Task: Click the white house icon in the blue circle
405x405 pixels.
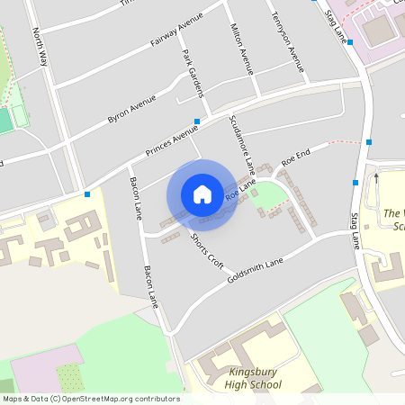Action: [202, 193]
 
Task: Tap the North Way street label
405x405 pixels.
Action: [40, 48]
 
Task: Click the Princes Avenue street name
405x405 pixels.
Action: [172, 139]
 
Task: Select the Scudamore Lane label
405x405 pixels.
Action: [242, 143]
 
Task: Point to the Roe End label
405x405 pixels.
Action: [296, 156]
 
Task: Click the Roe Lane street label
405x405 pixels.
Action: [241, 189]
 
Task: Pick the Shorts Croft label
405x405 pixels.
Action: [206, 251]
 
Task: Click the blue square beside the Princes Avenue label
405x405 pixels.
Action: [196, 121]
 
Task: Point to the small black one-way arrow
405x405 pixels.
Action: [377, 176]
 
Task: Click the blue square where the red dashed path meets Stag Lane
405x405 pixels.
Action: [369, 142]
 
